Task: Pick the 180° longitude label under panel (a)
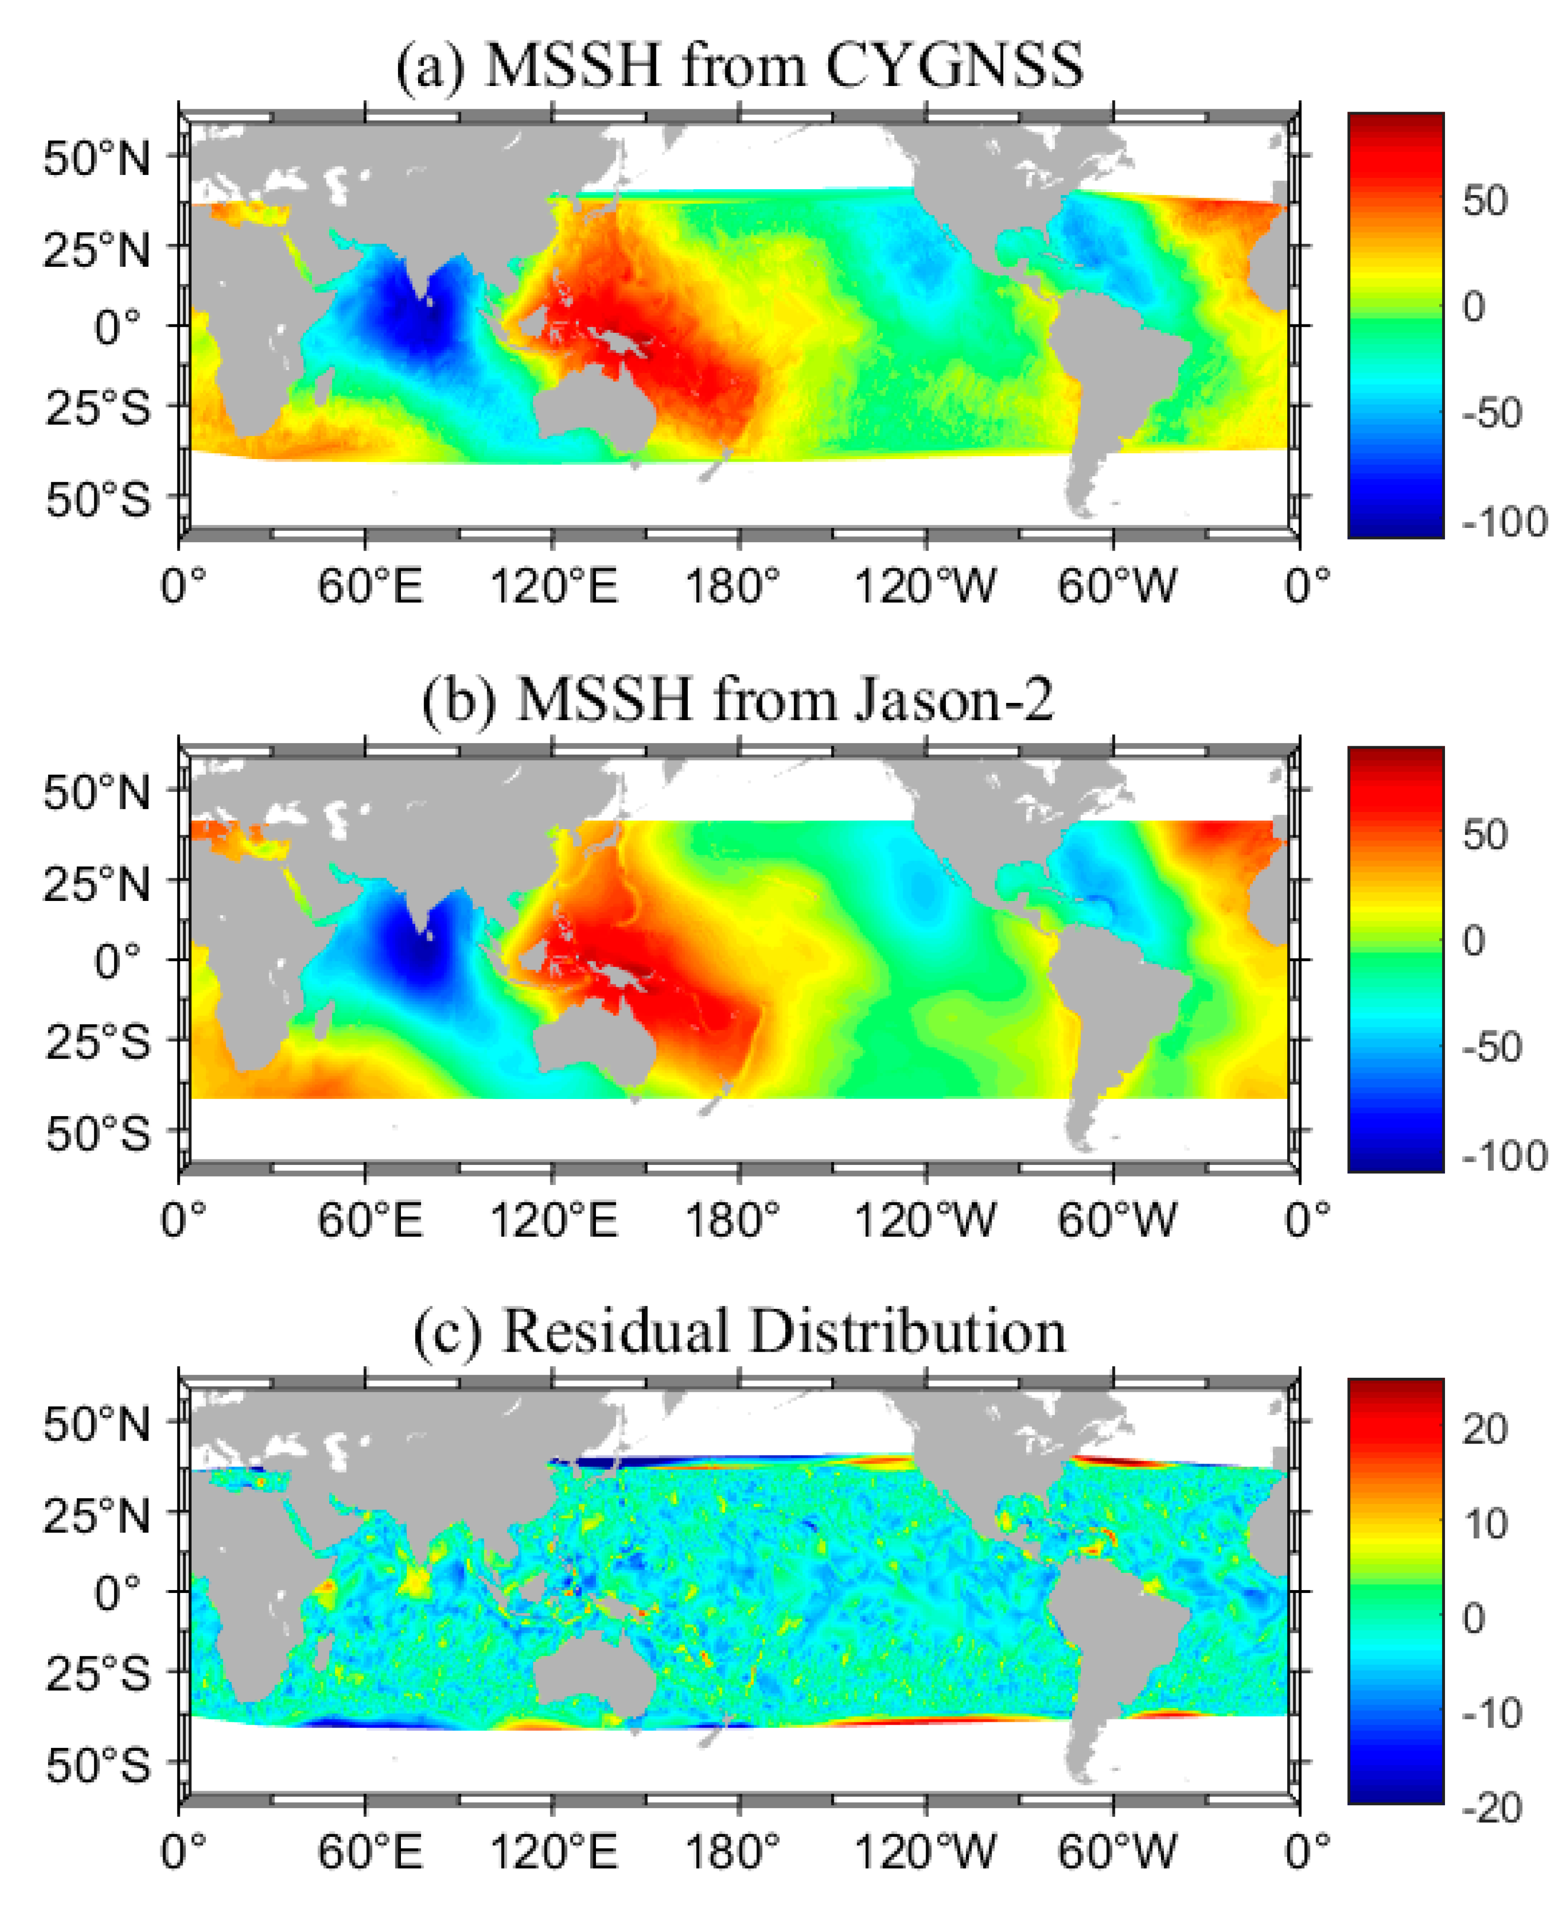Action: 732,586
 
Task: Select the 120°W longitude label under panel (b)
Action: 924,1220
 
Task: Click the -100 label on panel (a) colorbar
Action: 1504,521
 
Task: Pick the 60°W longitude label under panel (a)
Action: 1115,586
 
